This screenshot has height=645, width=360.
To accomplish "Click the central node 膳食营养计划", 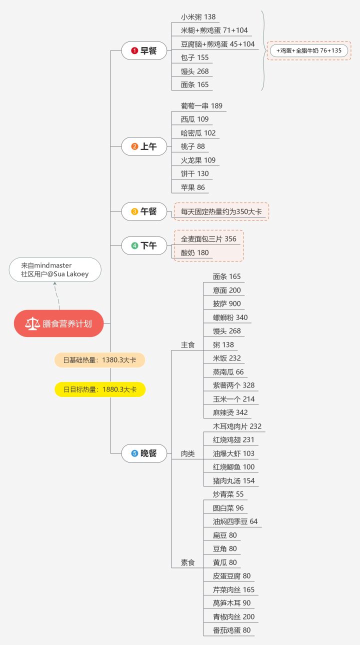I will click(59, 323).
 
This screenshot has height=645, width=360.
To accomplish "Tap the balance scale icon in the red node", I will click(32, 323).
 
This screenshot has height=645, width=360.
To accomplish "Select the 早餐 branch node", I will click(144, 50).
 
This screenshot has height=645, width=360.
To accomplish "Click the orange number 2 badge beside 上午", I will click(134, 146).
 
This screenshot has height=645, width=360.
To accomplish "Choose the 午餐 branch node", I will click(144, 211).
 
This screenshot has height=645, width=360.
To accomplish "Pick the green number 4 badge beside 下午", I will click(134, 245).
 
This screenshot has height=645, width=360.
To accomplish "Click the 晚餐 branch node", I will click(144, 453).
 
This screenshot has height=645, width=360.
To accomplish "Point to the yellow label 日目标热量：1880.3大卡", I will click(100, 389).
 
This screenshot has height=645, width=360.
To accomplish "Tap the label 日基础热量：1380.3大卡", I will click(100, 360).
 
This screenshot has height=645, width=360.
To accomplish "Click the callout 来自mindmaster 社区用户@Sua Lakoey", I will click(55, 269).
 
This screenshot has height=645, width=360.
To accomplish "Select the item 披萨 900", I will click(226, 303).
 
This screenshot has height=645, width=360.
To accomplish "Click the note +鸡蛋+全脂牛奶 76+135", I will click(309, 50).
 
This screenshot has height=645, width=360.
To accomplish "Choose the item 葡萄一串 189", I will click(201, 106).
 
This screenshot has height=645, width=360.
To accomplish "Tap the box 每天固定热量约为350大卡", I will click(221, 211).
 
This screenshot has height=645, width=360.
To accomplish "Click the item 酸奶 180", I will click(195, 252).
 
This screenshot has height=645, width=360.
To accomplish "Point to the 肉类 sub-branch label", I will click(188, 453).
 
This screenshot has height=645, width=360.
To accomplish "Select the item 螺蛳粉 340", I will click(230, 317).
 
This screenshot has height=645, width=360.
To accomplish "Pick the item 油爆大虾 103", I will click(233, 453).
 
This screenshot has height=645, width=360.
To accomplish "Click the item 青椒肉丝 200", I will click(233, 616).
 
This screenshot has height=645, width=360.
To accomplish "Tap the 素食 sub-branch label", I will click(188, 562).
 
